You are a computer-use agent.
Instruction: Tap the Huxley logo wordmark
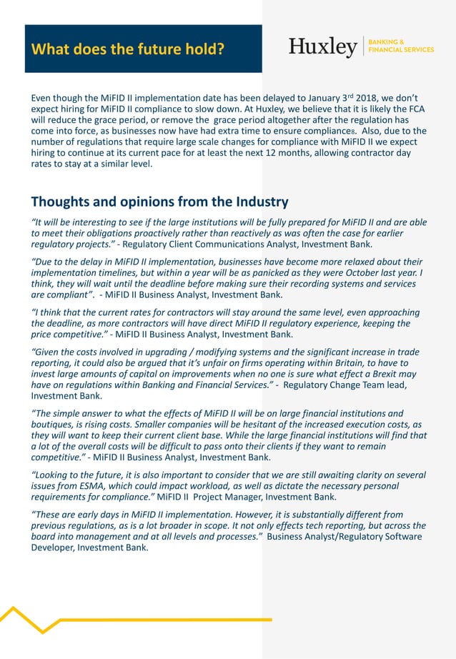pos(323,47)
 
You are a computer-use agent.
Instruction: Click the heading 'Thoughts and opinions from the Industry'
pos(159,202)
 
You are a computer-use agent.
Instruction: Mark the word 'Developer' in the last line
pos(52,547)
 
